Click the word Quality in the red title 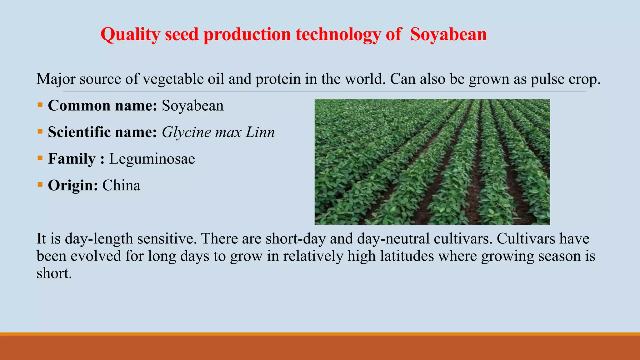point(130,34)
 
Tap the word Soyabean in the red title point(448,34)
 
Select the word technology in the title point(338,34)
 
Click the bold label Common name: point(102,106)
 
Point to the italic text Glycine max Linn point(218,132)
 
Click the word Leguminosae point(152,159)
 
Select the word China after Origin point(121,185)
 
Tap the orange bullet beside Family point(40,158)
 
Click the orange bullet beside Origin point(40,184)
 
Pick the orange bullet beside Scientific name point(40,131)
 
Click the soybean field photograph point(432,162)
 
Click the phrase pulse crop point(565,79)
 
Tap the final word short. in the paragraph point(54,273)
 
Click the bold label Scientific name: point(102,132)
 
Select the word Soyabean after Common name point(192,106)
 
